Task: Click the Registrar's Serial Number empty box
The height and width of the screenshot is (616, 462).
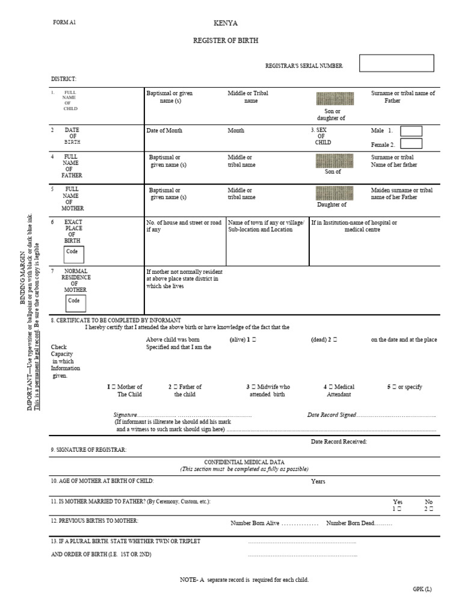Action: coord(396,63)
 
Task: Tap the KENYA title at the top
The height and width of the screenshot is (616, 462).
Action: coord(226,23)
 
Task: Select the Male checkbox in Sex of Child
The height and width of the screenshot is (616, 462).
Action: coord(411,131)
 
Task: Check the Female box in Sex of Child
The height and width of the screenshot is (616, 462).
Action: coord(411,144)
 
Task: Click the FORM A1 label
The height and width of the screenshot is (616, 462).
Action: coord(65,22)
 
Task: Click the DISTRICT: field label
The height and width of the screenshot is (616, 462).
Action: coord(63,79)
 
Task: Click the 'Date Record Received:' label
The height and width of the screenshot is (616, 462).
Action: coord(339,442)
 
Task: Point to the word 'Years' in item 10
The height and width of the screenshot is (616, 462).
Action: coord(318,482)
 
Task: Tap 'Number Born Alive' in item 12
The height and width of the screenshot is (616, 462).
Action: coord(255,523)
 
